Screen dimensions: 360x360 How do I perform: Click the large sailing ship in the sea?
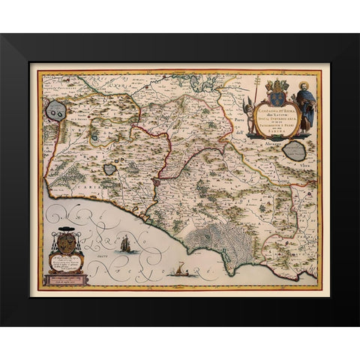[125, 242]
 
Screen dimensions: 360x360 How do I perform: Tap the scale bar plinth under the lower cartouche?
[65, 280]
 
